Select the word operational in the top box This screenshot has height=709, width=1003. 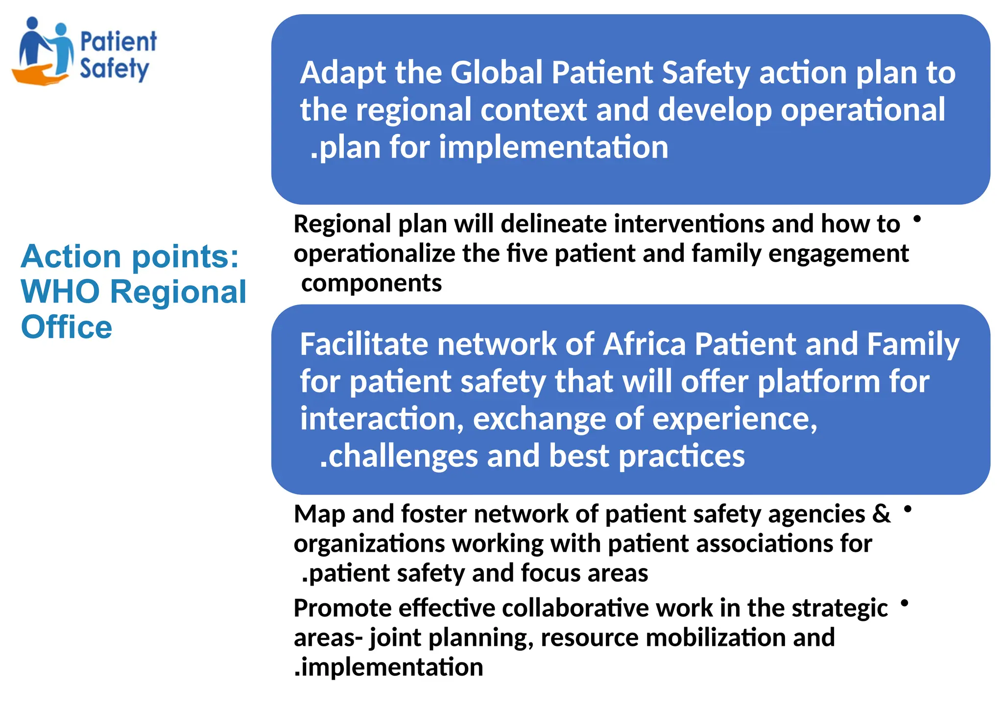[x=862, y=110]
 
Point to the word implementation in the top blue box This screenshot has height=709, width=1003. [x=553, y=147]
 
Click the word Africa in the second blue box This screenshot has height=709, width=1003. [x=644, y=344]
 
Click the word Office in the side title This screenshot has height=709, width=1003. [x=67, y=327]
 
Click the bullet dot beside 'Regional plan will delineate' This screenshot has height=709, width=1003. [x=917, y=219]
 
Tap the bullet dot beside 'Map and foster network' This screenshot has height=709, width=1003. [x=907, y=509]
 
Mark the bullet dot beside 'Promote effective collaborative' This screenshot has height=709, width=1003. [x=905, y=603]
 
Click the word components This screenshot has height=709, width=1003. [x=371, y=283]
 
